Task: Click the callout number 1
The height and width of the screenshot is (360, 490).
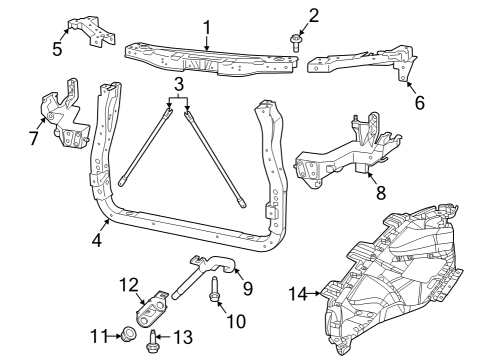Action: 207,27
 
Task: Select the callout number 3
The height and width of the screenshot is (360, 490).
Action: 177,83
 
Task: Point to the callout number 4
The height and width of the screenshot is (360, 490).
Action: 97,240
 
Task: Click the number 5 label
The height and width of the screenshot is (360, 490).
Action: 57,47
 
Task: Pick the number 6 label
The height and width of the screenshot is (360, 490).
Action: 419,102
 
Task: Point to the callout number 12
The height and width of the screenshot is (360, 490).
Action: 128,285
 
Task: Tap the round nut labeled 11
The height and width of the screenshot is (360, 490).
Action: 129,334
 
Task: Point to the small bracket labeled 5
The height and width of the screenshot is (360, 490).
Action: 91,32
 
